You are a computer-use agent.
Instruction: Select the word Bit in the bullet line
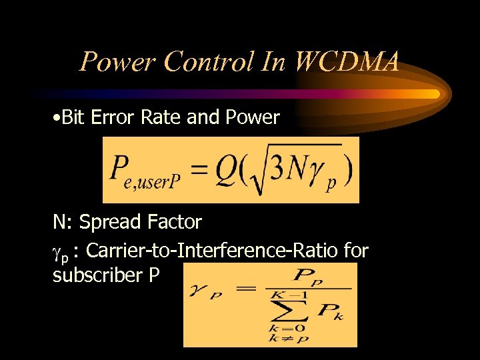(74, 117)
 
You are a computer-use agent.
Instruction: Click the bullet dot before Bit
(57, 118)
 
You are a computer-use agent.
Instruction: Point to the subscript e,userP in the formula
(149, 182)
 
